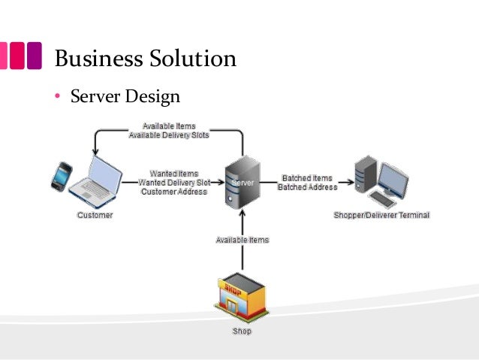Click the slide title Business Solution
pyautogui.click(x=146, y=58)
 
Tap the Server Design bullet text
pyautogui.click(x=125, y=97)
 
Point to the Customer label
pyautogui.click(x=95, y=216)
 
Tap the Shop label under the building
pyautogui.click(x=242, y=331)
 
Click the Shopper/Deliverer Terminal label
pyautogui.click(x=381, y=216)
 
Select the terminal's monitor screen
pyautogui.click(x=393, y=177)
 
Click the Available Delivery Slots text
pyautogui.click(x=169, y=135)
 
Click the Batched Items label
pyautogui.click(x=306, y=178)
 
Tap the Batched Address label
pyautogui.click(x=307, y=187)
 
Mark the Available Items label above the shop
pyautogui.click(x=242, y=241)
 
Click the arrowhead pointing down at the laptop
pyautogui.click(x=95, y=153)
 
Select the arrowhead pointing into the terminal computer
pyautogui.click(x=349, y=183)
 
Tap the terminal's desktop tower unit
pyautogui.click(x=366, y=173)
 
